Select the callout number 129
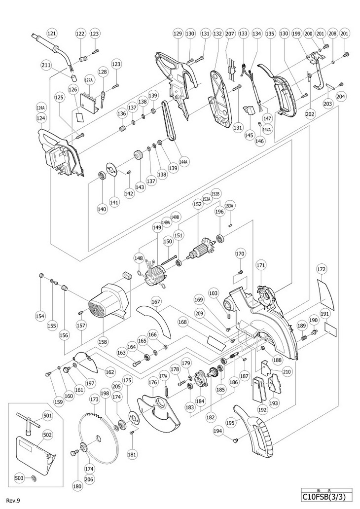[x=178, y=33]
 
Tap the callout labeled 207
[x=230, y=33]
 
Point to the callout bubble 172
[x=322, y=269]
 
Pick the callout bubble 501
[x=47, y=416]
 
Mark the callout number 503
[x=19, y=478]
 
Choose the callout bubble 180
[x=77, y=472]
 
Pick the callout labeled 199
[x=296, y=33]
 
